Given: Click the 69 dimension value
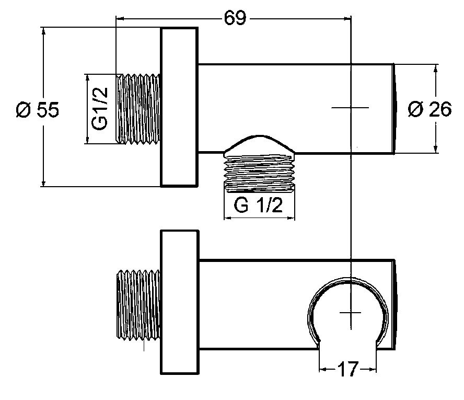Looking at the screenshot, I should (x=235, y=18).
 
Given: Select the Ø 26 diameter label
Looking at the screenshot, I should (x=430, y=109).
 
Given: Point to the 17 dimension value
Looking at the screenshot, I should (x=347, y=370).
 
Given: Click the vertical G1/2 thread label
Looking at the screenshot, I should (x=99, y=108).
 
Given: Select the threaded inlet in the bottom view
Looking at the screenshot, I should (x=140, y=308).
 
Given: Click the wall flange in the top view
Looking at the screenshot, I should (x=179, y=107).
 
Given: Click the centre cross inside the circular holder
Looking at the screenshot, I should (x=350, y=312).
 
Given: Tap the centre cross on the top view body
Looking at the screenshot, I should (x=350, y=108).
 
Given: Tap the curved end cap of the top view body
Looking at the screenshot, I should (x=396, y=108).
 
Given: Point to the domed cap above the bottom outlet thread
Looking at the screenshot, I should (x=260, y=144).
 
